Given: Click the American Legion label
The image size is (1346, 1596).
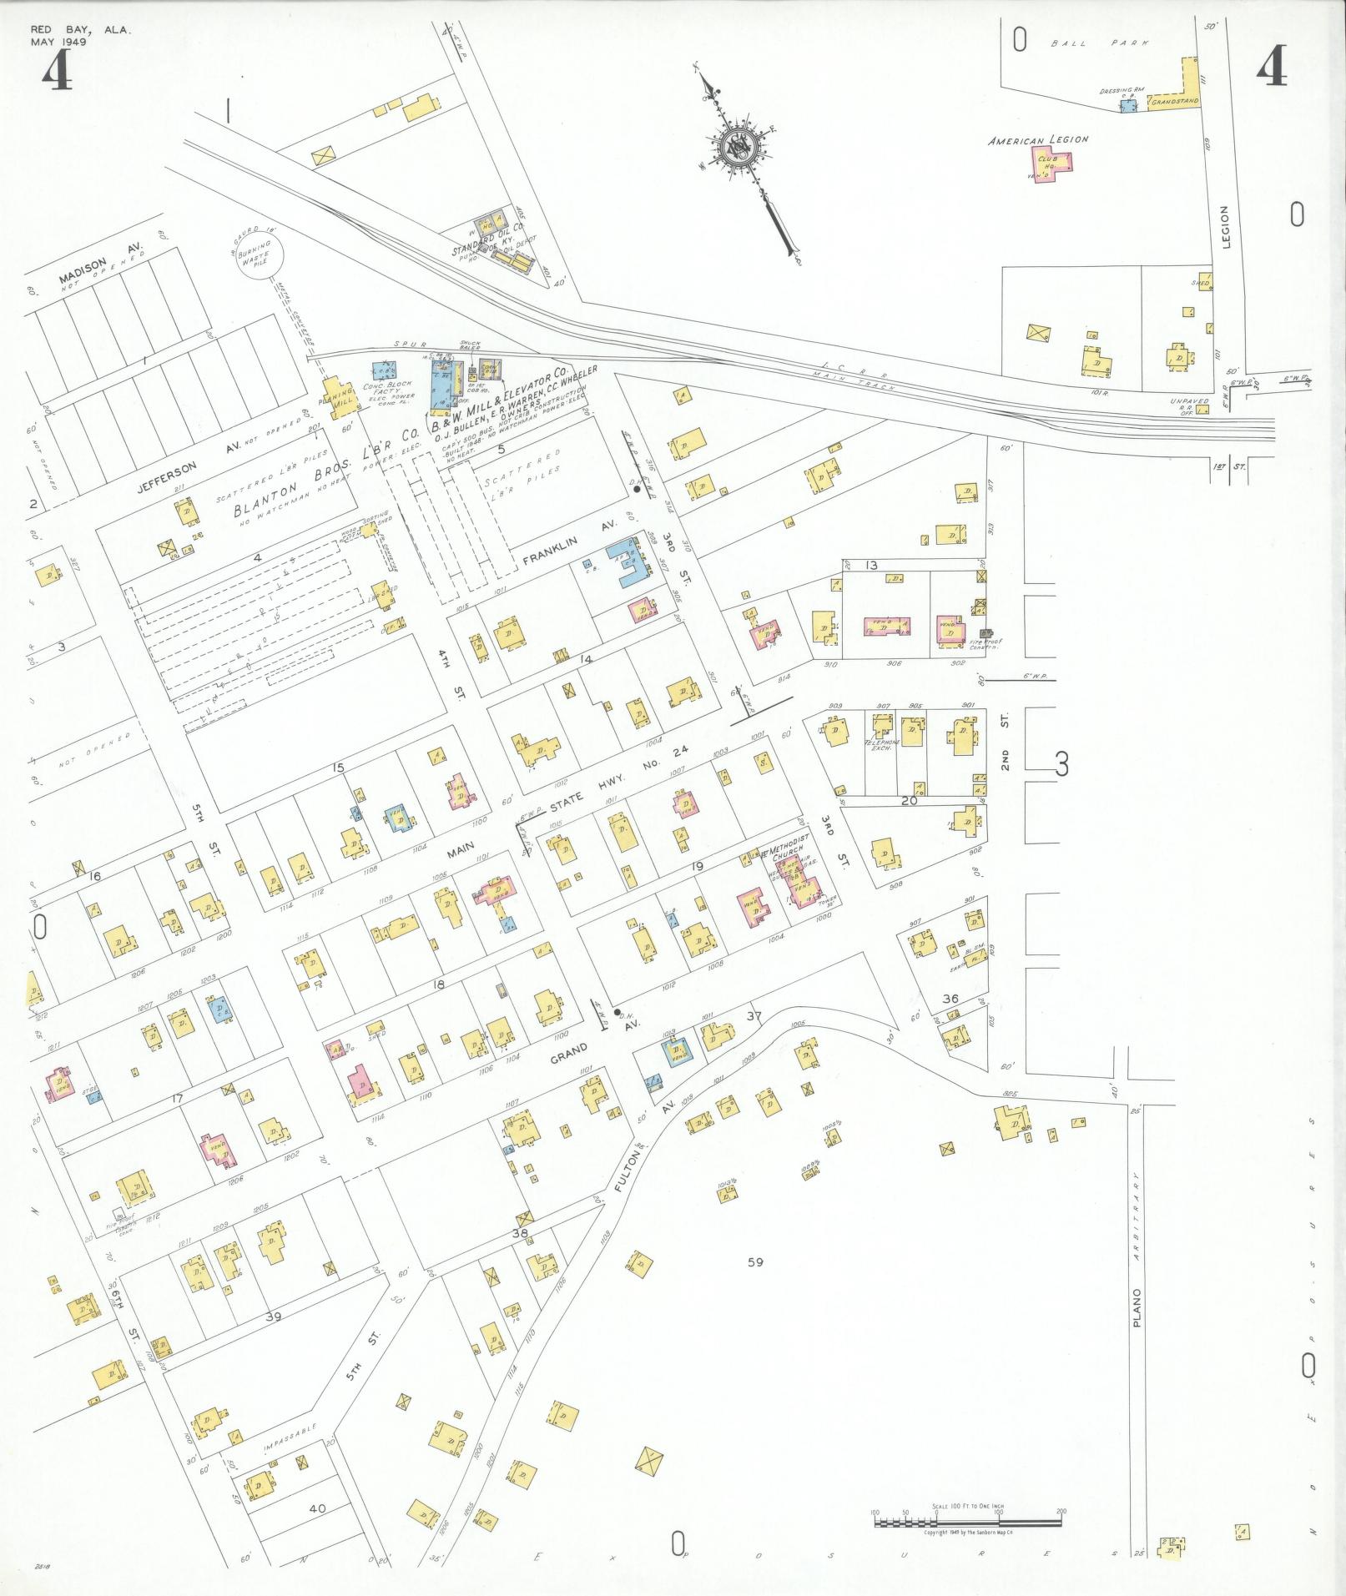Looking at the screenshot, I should tap(1037, 141).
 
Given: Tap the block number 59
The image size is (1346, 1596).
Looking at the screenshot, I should tap(755, 1286).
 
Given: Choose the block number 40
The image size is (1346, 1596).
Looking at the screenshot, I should tap(317, 1485).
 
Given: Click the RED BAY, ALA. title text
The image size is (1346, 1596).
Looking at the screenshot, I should tap(80, 30).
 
